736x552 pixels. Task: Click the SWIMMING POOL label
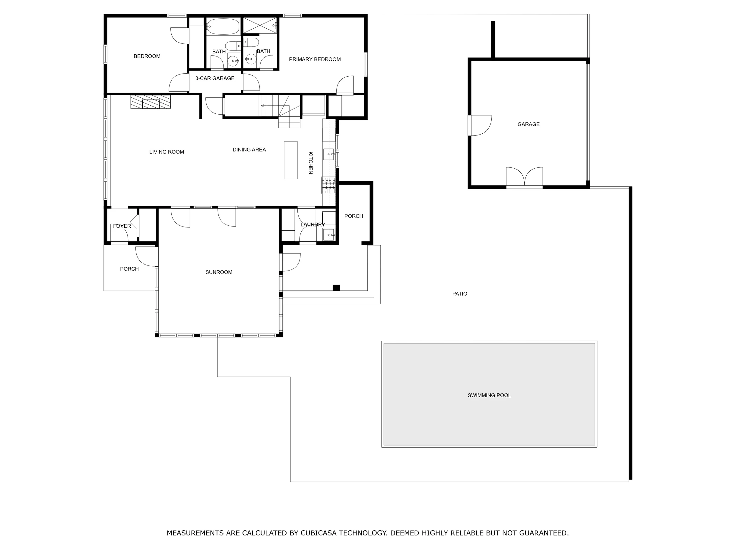coord(489,395)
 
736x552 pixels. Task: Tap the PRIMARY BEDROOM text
coord(315,59)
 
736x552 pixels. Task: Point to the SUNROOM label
coord(219,272)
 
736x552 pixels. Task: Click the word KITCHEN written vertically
coord(310,163)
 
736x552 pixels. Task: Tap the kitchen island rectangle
coord(290,160)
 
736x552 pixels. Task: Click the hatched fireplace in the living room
coord(151,102)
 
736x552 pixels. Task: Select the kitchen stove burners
coord(328,185)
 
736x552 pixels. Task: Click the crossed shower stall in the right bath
coord(260,25)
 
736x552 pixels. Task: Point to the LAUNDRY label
coord(313,225)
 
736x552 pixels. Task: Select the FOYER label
coord(122,226)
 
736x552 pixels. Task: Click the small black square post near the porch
coord(336,288)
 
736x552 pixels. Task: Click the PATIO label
coord(460,294)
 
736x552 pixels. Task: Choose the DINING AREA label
coord(249,150)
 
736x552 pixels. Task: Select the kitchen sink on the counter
coord(329,154)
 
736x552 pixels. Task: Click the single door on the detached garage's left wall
coord(480,125)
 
